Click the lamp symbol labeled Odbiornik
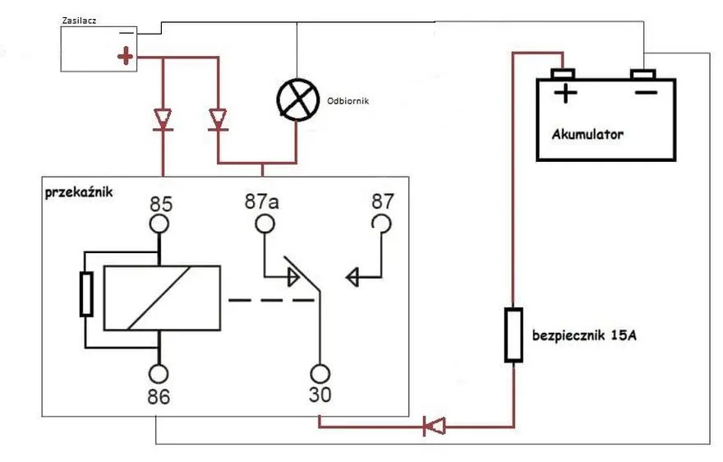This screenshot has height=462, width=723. pos(298,100)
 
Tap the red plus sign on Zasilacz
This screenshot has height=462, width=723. pos(125,56)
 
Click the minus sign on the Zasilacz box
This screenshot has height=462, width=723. pos(127,33)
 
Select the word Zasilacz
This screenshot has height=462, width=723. pos(79,21)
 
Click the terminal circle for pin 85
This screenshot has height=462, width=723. pos(159,224)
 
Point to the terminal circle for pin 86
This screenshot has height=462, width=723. pos(159,374)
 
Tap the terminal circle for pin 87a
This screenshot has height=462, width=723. pos(265,224)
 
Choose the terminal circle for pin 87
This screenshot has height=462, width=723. pos(381,224)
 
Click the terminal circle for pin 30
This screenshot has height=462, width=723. pos(320,374)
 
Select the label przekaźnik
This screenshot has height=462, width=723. pos(79,192)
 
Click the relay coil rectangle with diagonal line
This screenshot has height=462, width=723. pos(163,298)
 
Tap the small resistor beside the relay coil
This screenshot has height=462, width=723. pos(86,294)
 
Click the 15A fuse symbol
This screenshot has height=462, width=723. pos(513,335)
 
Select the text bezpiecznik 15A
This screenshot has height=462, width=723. pos(584,335)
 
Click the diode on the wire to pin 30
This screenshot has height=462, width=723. pos(434,426)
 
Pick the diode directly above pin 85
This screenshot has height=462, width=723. pos(163,120)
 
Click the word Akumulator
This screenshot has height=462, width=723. pos(587,134)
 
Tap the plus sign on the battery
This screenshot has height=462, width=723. pos(565,93)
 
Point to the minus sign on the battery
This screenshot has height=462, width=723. pos(646,93)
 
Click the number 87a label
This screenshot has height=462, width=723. pos(261,201)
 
